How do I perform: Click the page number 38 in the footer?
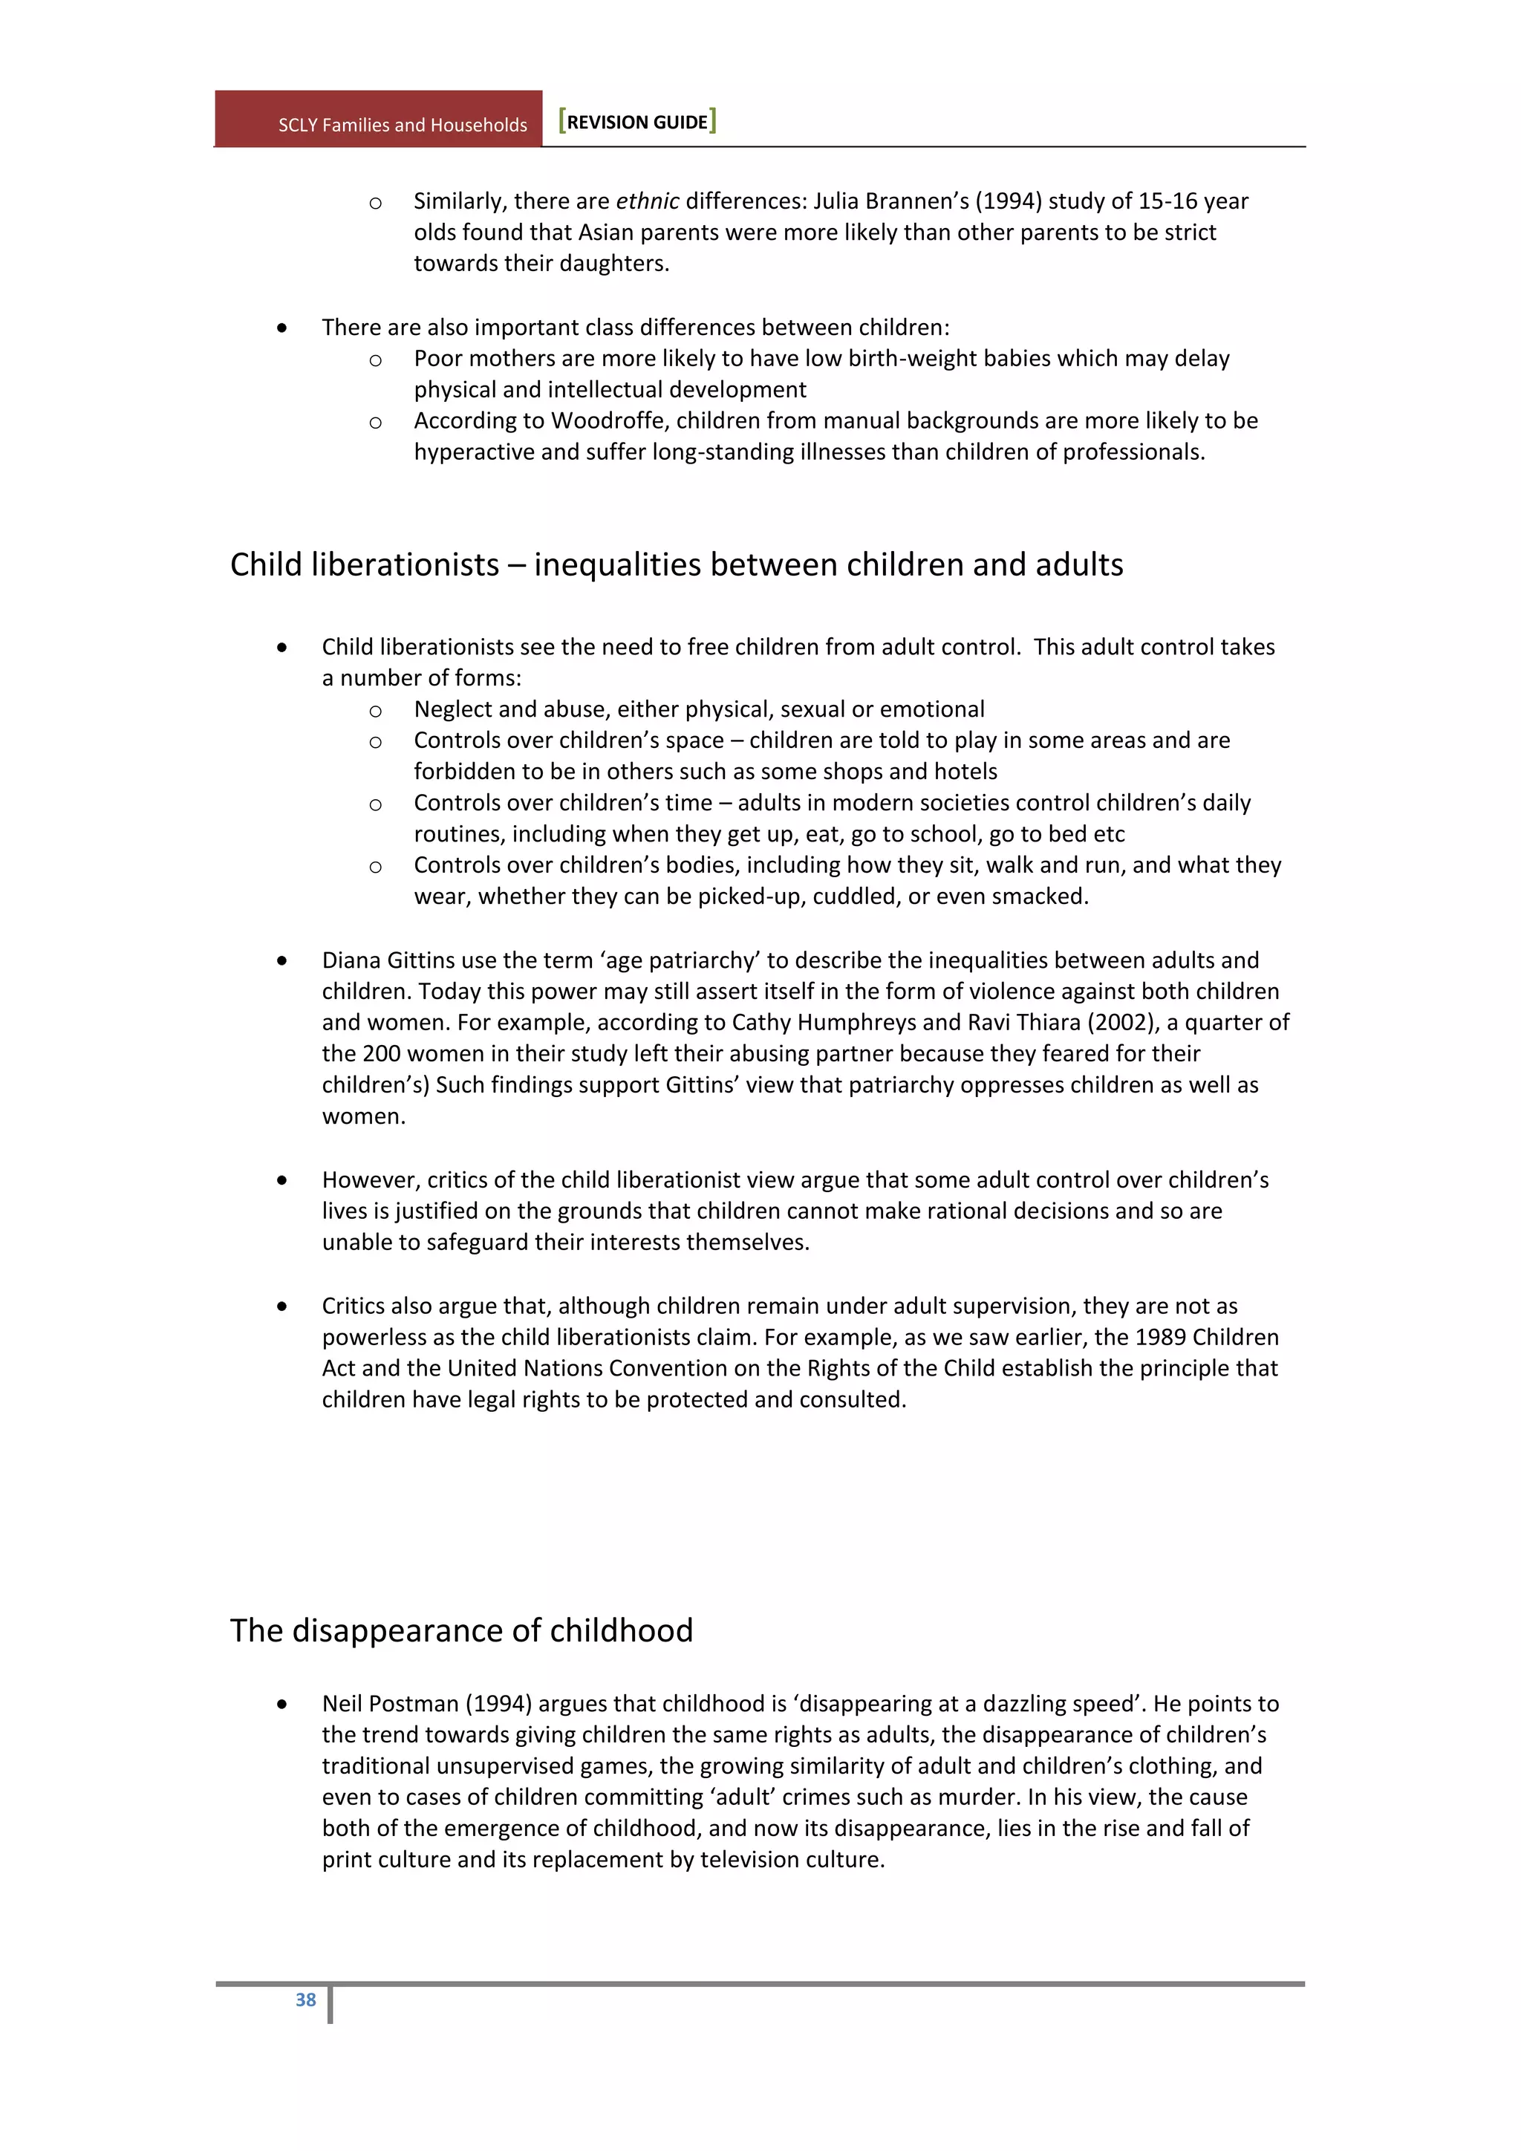coord(305,1999)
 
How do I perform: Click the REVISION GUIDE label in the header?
coord(637,122)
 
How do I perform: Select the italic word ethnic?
coord(647,201)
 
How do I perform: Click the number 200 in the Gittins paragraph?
coord(382,1053)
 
